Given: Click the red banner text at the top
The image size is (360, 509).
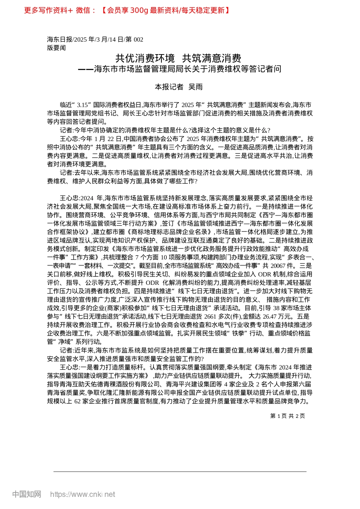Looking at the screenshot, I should [127, 10].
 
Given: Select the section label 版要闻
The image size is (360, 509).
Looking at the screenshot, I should [56, 48].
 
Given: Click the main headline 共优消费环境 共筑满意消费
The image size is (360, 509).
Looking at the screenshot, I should [178, 58].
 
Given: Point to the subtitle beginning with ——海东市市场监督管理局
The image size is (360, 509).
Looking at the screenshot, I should [180, 69].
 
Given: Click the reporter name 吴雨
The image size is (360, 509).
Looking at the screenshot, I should [196, 87].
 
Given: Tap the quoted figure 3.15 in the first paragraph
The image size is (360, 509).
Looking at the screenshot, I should [83, 105].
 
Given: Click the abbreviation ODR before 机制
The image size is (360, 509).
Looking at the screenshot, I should [265, 274].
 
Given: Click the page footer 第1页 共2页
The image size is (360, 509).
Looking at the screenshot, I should [288, 416].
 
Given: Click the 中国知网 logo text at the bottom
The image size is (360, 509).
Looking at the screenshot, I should [27, 494].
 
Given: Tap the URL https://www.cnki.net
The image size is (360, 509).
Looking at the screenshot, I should [83, 494].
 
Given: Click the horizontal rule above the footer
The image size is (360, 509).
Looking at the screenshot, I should [180, 472].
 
